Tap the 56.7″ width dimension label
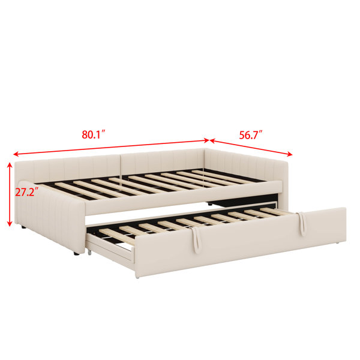point(251,135)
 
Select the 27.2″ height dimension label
point(26,192)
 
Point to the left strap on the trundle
point(196,239)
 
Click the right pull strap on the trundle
point(301,224)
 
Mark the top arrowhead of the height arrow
point(10,165)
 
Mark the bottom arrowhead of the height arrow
point(10,223)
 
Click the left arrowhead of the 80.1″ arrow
point(16,154)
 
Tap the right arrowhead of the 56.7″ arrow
point(289,154)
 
